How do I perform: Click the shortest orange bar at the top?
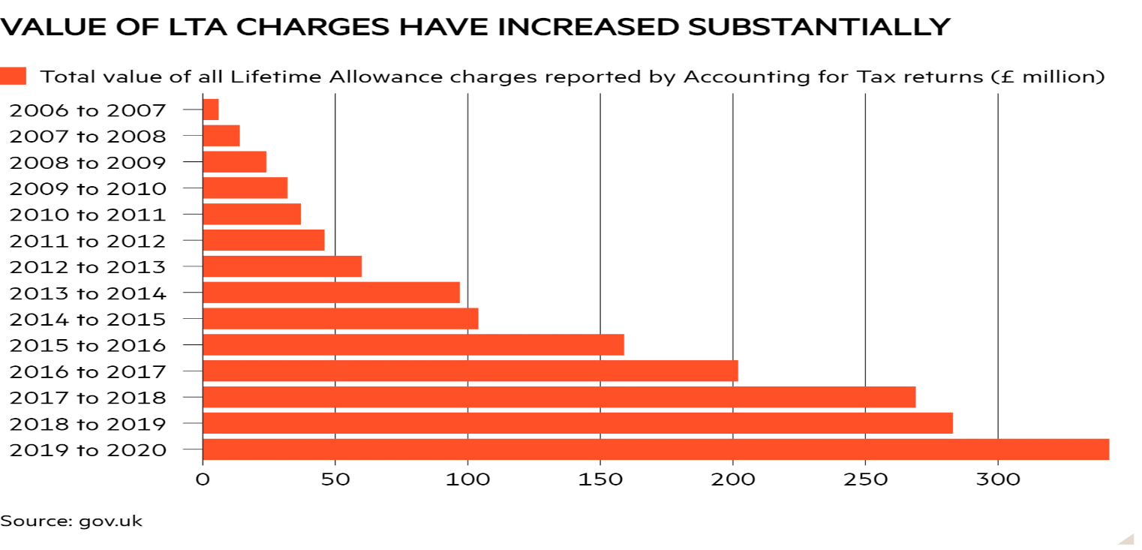coord(211,110)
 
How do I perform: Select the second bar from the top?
coord(221,136)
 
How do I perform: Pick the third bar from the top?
coord(235,162)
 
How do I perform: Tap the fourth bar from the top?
coord(245,188)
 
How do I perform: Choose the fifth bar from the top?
coord(252,215)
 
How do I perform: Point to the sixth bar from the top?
coord(264,240)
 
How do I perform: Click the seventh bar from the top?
coord(283,266)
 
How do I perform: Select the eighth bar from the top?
coord(332,293)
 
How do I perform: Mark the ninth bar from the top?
coord(341,319)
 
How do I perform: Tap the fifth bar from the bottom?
coord(414,345)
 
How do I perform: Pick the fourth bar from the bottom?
coord(471,371)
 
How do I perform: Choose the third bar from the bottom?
coord(560,397)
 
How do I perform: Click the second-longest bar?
coord(579,423)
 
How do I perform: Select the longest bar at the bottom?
coord(657,449)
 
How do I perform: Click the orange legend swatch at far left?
coord(13,76)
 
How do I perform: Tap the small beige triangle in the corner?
coord(1128,539)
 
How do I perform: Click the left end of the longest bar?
coord(206,449)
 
